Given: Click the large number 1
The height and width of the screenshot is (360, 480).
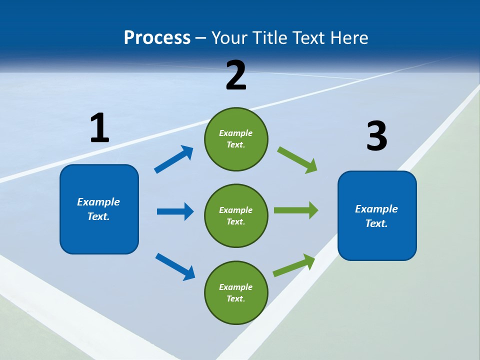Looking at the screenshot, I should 99,128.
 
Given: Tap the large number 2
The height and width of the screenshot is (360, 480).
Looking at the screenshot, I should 236,75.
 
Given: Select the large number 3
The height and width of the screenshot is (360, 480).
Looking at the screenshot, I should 376,136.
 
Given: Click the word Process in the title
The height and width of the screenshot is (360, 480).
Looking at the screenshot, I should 157,37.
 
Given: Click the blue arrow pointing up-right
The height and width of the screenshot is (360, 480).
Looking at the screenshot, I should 174,159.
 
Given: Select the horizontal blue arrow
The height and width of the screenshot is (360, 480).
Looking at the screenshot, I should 175,211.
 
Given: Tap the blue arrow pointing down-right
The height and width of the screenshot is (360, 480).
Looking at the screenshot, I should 175,266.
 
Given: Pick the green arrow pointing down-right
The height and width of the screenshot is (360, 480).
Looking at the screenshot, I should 297,160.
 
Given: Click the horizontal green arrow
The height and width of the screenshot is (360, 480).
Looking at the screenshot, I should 296,210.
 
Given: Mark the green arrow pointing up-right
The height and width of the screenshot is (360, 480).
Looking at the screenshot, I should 294,265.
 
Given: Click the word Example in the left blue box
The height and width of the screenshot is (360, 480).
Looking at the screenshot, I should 98,202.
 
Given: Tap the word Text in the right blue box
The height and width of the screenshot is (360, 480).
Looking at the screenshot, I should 376,223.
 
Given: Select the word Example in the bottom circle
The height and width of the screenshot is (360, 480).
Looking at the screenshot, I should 236,287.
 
